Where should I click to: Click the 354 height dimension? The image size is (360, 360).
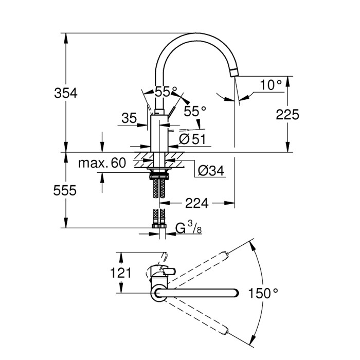click(66, 93)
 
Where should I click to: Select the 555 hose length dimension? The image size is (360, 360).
click(66, 190)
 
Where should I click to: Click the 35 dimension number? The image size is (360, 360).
click(129, 118)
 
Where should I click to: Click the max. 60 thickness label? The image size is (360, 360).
click(101, 164)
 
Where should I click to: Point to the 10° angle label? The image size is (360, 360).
click(271, 85)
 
